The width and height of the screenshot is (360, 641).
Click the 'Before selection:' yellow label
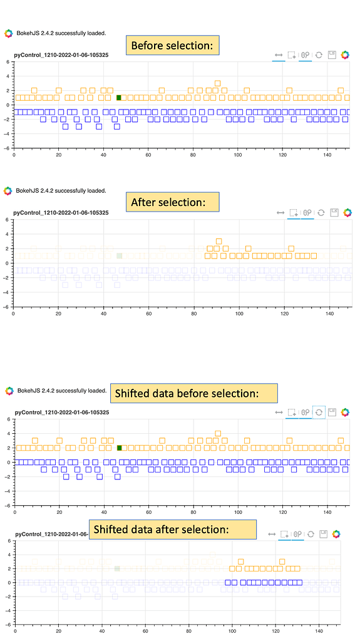pos(172,45)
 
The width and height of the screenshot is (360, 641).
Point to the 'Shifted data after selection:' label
pos(172,529)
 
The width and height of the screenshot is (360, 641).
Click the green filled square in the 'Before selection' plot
pos(119,98)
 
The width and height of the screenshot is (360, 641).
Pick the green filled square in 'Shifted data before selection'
pos(119,448)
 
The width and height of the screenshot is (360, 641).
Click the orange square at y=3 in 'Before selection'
pos(218,83)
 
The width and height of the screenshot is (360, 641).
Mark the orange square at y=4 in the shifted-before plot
pos(218,433)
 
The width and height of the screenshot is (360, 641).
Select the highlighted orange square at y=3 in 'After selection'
pos(219,241)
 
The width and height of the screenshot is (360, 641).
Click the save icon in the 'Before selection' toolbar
pos(332,55)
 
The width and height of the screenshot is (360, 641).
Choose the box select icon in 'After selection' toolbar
pos(292,213)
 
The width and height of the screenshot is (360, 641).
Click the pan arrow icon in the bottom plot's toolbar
pos(271,535)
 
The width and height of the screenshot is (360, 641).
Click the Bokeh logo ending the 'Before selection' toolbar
pos(345,55)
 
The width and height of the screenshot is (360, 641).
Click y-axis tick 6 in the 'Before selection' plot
pos(8,62)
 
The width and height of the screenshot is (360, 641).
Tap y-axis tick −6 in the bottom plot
pos(6,625)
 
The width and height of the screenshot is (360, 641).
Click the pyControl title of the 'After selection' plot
pos(61,213)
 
